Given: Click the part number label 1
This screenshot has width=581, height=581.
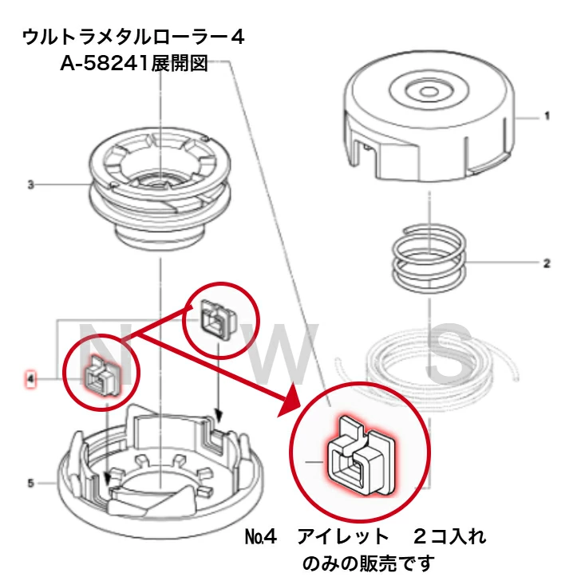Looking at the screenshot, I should tap(547, 116).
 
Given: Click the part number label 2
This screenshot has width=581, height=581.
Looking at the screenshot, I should tap(547, 263).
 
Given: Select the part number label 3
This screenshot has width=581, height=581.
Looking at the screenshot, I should tap(30, 184).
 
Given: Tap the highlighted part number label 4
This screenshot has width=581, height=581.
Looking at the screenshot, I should tap(30, 377).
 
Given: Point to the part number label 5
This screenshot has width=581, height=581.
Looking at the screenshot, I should tap(30, 483).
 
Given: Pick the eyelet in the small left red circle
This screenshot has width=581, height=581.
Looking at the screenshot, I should tap(102, 374).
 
